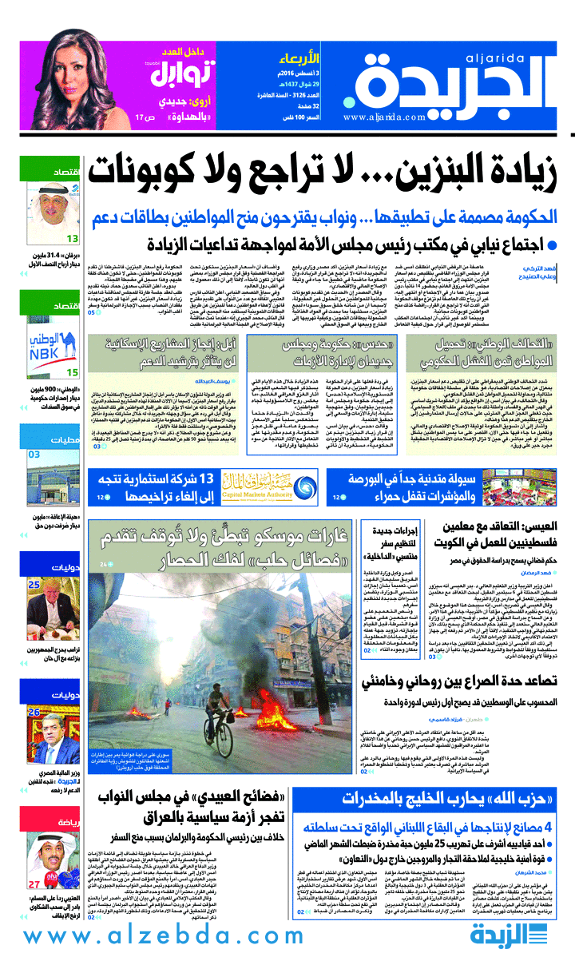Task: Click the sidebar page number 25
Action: [x=34, y=585]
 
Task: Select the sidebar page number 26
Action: [x=34, y=689]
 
